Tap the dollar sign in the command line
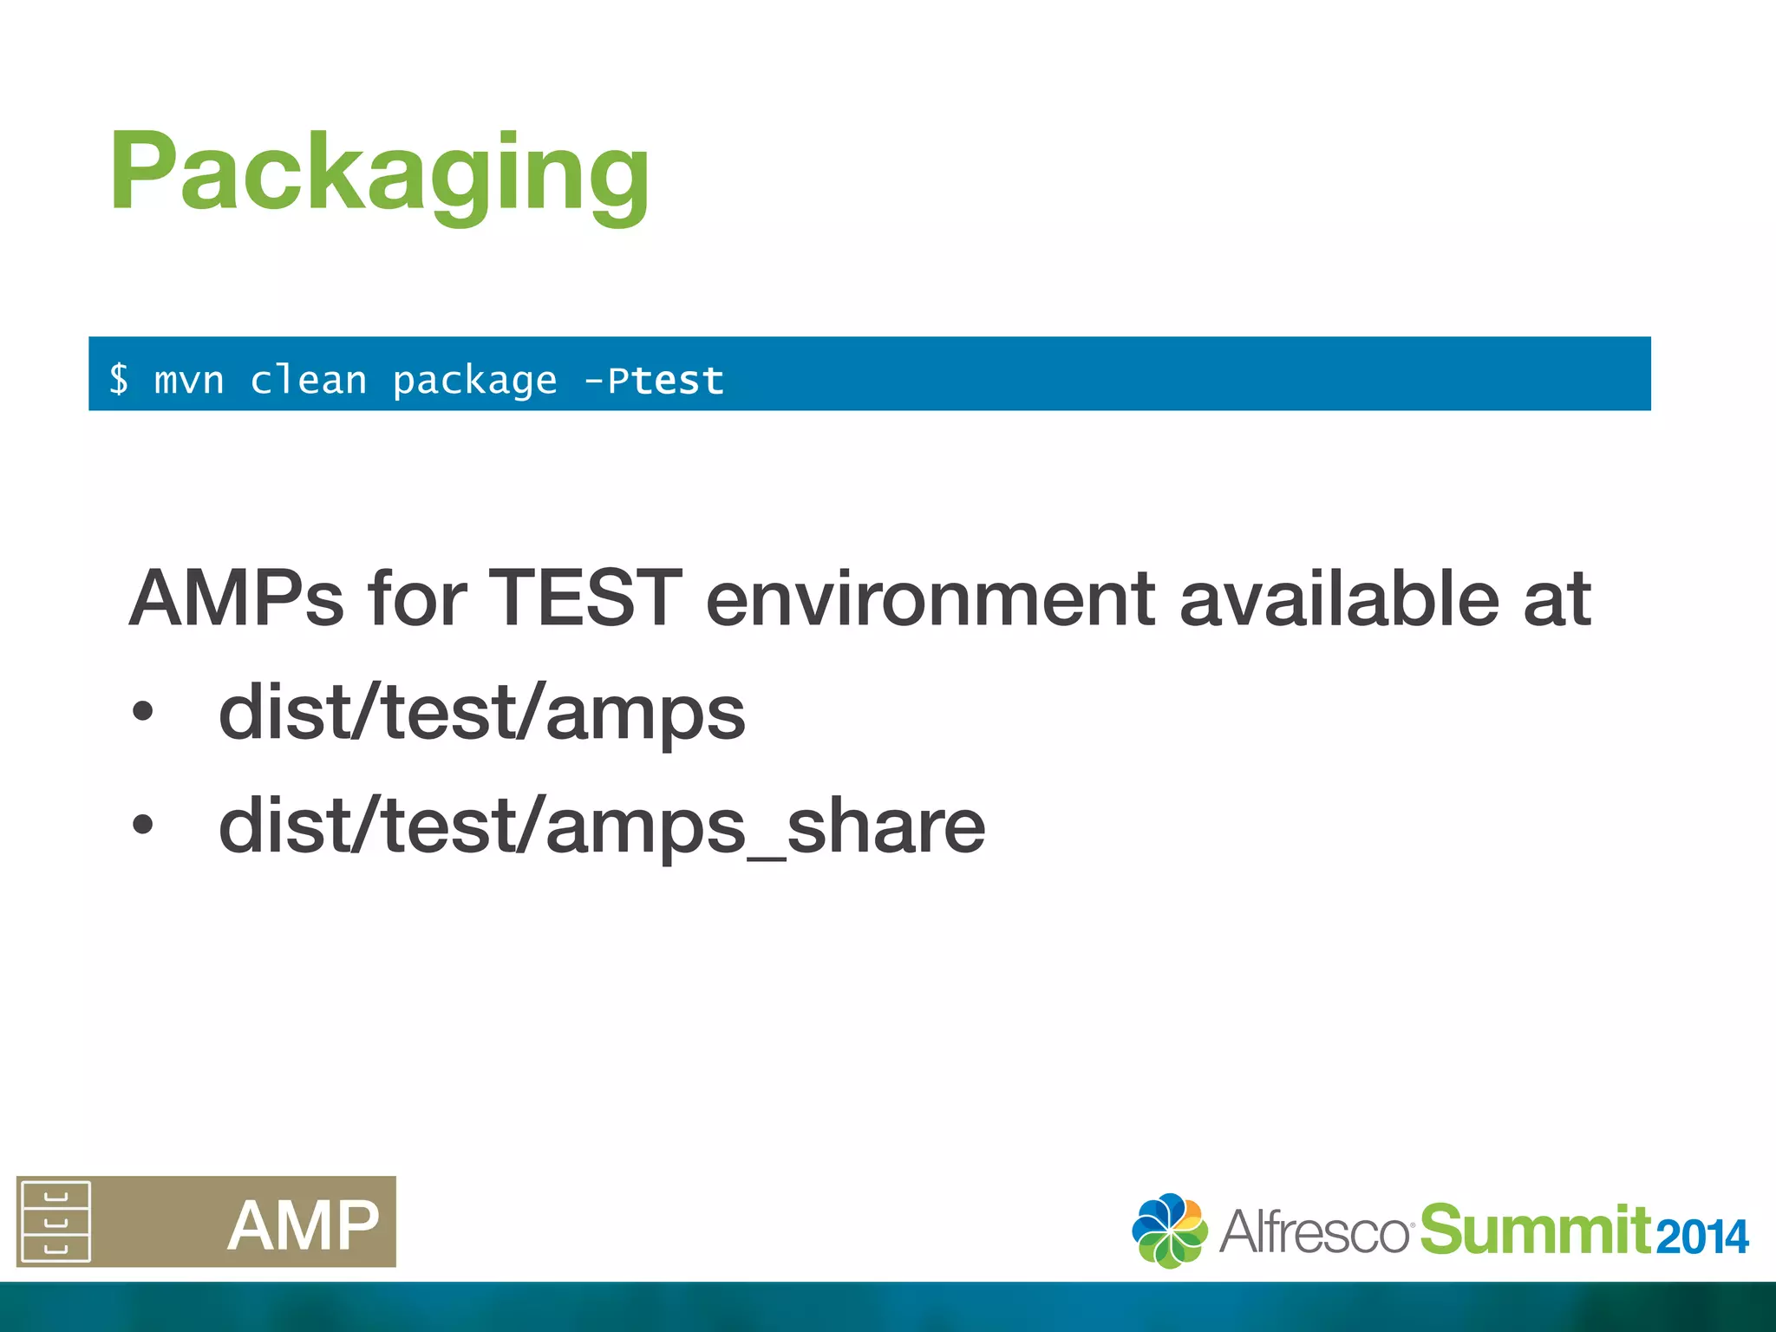click(x=119, y=380)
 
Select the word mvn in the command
click(x=189, y=381)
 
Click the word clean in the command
click(x=309, y=381)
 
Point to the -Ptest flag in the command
click(x=655, y=381)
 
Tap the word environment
click(x=930, y=600)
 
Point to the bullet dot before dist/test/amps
click(x=142, y=713)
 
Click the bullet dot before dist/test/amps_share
click(x=142, y=826)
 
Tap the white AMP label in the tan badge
click(x=304, y=1225)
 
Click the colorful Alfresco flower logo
click(x=1169, y=1231)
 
